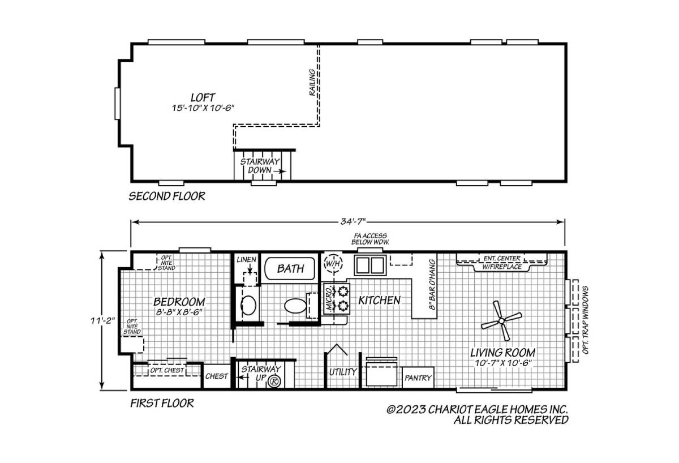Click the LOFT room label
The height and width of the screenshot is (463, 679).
coord(203,97)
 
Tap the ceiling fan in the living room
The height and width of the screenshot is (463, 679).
coord(501,320)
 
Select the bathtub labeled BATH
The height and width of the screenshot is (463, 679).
coord(290,268)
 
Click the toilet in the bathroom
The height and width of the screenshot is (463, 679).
coord(295,305)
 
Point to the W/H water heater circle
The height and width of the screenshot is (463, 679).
coord(333,263)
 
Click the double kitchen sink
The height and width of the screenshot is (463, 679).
coord(370,265)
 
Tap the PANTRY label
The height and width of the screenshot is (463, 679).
coord(418,378)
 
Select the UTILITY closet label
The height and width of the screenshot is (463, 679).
coord(343,372)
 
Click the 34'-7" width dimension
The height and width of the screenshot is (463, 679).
coord(354,222)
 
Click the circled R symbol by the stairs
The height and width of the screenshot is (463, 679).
coord(274,381)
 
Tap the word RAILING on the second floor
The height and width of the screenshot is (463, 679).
coord(312,83)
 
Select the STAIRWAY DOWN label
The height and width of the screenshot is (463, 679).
coord(260,165)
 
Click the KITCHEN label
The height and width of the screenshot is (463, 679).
coord(380,301)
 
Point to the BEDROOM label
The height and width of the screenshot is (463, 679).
coord(179,302)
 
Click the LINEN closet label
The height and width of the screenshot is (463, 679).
coord(247,260)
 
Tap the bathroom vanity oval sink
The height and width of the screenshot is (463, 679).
coord(248,305)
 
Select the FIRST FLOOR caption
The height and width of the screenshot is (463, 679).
coord(162,403)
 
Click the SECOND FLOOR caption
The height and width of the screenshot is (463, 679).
coord(167,196)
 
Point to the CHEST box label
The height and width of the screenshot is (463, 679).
coord(216,376)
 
